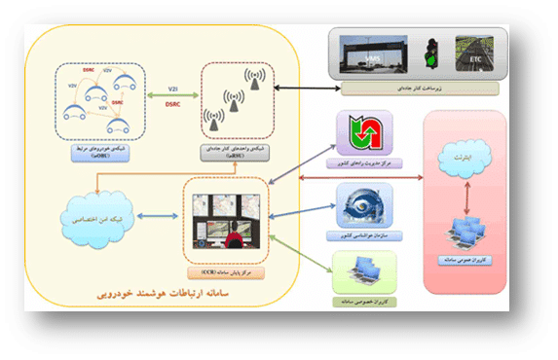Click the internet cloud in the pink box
(463, 158)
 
